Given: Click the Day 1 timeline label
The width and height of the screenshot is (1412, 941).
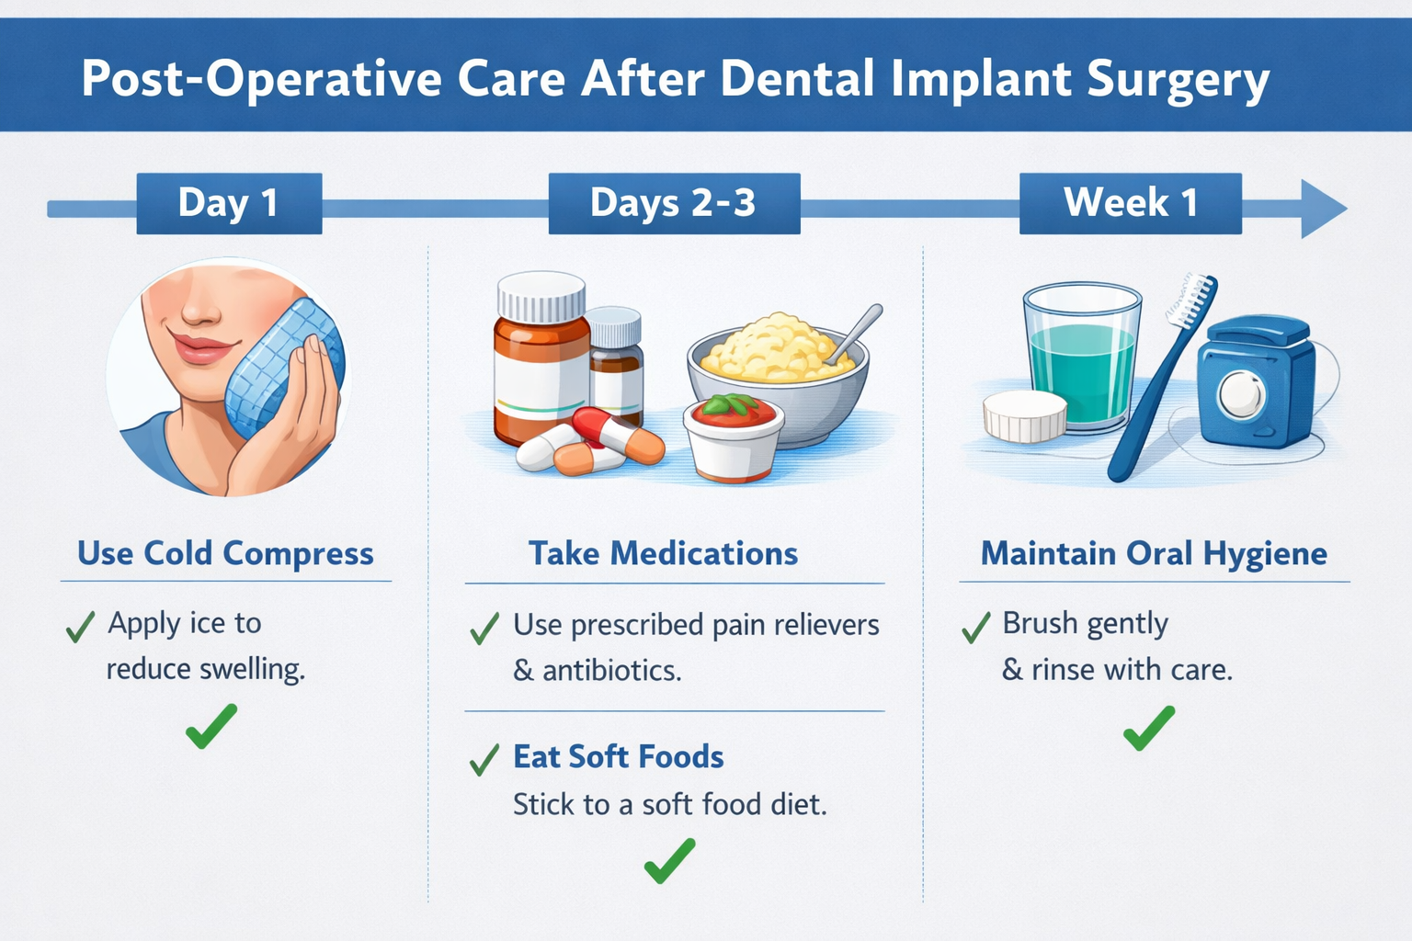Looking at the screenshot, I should pos(229,203).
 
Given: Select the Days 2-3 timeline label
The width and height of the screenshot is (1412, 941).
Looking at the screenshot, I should pos(673,203).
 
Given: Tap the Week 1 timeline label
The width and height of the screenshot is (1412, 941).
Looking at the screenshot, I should pos(1130,203).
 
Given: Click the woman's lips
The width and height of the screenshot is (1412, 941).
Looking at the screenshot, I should pos(199,348).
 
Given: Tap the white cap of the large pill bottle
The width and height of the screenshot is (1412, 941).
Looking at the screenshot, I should pos(541,296).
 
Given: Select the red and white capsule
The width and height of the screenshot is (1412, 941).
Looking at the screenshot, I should pos(618,434).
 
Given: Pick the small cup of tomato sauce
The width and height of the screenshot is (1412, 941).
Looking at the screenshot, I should pos(733,438).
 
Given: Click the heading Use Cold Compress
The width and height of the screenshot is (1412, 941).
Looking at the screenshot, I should pos(225,553).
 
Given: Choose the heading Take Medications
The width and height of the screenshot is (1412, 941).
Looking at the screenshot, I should pos(663,553).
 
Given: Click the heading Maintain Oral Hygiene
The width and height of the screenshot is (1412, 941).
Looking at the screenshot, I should pos(1154,553).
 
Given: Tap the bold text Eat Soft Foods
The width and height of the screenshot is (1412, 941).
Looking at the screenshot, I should pos(618,756).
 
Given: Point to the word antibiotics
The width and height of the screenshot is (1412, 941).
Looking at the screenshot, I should pos(611,671).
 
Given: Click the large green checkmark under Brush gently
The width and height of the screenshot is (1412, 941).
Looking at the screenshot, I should pos(1148,728).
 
